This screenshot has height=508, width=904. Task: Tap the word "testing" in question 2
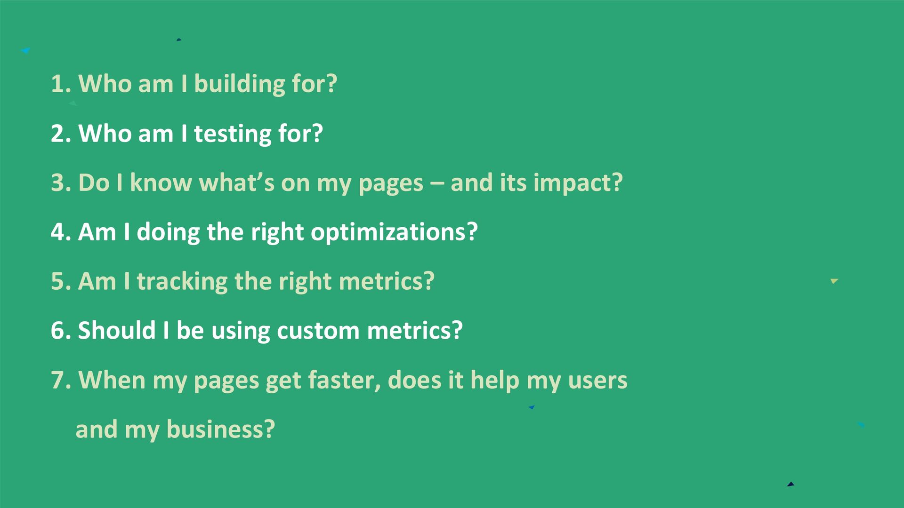click(233, 134)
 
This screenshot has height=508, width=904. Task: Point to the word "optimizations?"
click(394, 233)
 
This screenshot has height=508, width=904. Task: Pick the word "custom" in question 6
click(318, 331)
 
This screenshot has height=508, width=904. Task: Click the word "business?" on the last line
click(220, 429)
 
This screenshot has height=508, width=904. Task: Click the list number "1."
click(61, 84)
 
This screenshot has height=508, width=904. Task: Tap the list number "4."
click(61, 232)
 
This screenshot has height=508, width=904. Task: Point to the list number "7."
click(61, 381)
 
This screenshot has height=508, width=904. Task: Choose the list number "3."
click(61, 183)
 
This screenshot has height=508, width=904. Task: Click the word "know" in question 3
click(161, 183)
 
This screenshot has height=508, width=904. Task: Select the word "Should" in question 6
click(117, 331)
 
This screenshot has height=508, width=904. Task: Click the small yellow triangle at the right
click(834, 281)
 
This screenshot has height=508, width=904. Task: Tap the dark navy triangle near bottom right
click(791, 484)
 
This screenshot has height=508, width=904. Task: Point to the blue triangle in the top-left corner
click(26, 50)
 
